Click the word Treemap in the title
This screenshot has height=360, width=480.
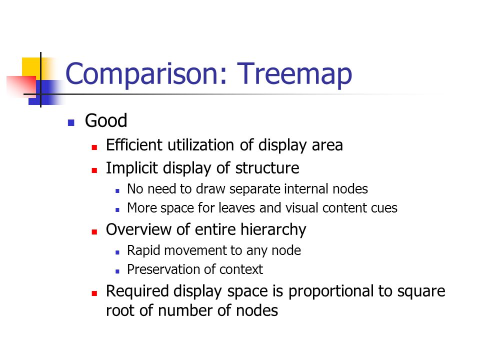click(294, 74)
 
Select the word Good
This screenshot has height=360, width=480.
click(106, 120)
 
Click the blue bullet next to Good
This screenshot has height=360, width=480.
click(71, 123)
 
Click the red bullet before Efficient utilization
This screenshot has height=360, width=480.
click(94, 147)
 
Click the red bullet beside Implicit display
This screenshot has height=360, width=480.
click(94, 170)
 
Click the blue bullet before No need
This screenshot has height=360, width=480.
click(117, 191)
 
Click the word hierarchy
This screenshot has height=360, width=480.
click(273, 229)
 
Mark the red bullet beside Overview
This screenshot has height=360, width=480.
click(94, 232)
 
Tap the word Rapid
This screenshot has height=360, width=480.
click(143, 250)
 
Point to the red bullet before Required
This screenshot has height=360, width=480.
click(94, 293)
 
